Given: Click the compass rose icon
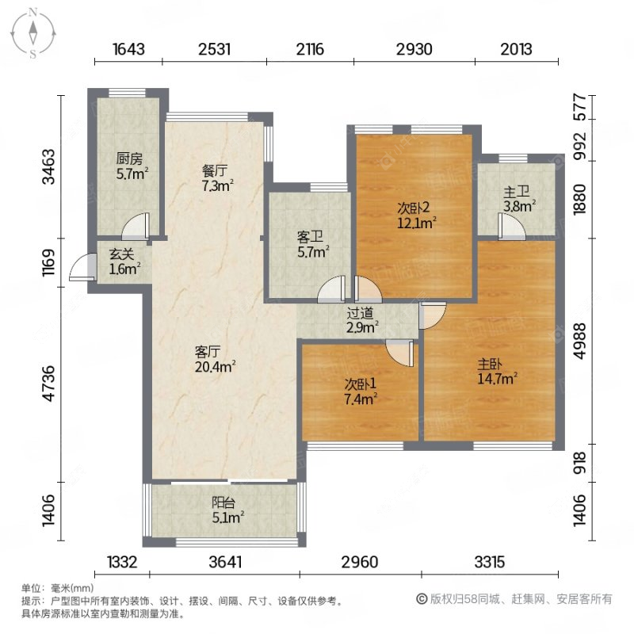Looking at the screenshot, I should pyautogui.click(x=33, y=32).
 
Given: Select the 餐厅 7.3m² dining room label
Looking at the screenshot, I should pyautogui.click(x=215, y=178).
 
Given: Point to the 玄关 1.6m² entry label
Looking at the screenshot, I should pyautogui.click(x=124, y=262).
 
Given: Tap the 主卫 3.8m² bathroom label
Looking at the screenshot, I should pyautogui.click(x=518, y=198).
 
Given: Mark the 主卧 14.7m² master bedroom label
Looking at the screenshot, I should pyautogui.click(x=498, y=372).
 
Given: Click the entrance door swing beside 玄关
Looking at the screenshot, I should pyautogui.click(x=79, y=269).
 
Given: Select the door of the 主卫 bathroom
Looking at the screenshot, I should pyautogui.click(x=512, y=228).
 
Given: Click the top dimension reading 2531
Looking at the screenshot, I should pyautogui.click(x=214, y=49).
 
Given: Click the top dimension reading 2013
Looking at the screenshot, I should pyautogui.click(x=516, y=49).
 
